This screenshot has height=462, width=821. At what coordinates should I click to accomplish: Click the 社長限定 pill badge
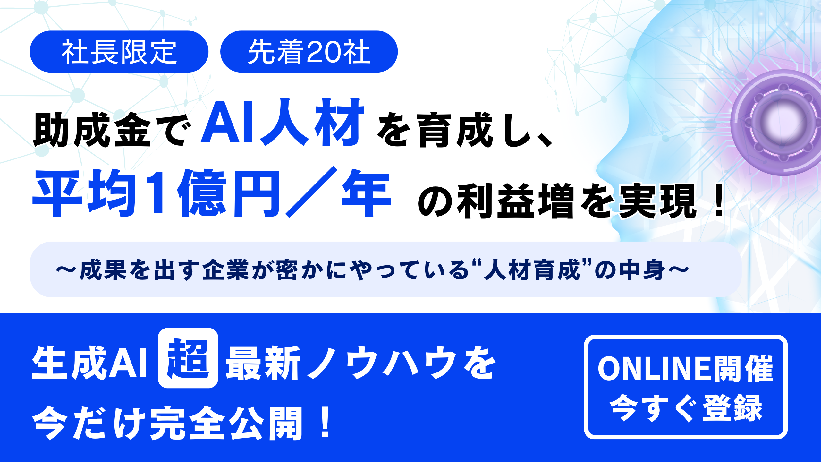pyautogui.click(x=119, y=52)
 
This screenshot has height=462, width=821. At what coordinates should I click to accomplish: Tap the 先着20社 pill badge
pyautogui.click(x=309, y=52)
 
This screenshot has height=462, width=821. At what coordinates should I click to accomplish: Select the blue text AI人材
pyautogui.click(x=282, y=122)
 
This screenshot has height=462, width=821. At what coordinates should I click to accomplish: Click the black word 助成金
pyautogui.click(x=92, y=130)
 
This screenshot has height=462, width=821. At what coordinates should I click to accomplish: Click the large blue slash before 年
pyautogui.click(x=311, y=192)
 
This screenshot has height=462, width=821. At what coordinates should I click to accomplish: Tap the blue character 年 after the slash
pyautogui.click(x=366, y=193)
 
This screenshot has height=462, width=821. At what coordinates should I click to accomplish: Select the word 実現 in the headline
pyautogui.click(x=657, y=201)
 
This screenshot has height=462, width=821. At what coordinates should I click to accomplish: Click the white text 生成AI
pyautogui.click(x=89, y=363)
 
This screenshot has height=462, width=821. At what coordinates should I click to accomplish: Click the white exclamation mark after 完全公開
pyautogui.click(x=326, y=422)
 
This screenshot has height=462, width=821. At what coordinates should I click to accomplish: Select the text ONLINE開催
pyautogui.click(x=686, y=369)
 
